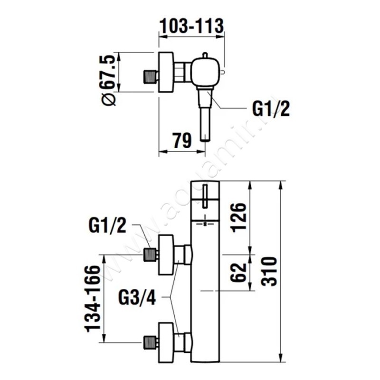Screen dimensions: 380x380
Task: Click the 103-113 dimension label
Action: [x=191, y=26]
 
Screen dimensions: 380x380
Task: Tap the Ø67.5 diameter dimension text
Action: [x=108, y=80]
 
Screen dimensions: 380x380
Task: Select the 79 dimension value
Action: [x=181, y=140]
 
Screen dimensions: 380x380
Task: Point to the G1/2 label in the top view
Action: [x=271, y=110]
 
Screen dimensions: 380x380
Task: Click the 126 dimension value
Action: [x=239, y=217]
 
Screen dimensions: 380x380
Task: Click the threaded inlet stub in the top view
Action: [x=150, y=76]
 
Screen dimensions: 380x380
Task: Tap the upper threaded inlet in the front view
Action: [x=151, y=255]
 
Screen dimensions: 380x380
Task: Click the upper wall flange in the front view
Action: [x=165, y=255]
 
